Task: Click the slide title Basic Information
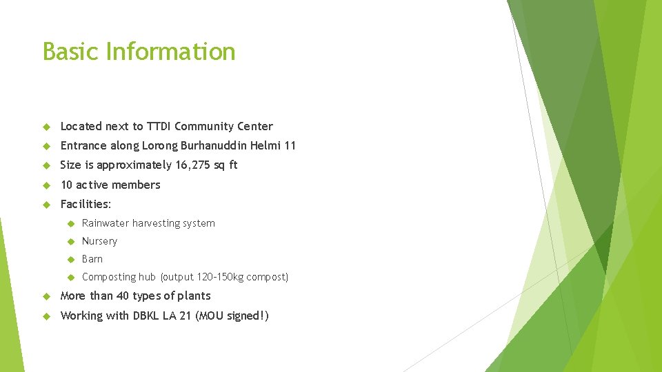click(139, 52)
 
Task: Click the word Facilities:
click(86, 204)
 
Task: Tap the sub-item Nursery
click(99, 241)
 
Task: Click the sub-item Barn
click(92, 259)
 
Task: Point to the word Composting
click(109, 277)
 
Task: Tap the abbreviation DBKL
click(146, 316)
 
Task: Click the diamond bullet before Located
click(46, 127)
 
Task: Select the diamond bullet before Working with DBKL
click(46, 316)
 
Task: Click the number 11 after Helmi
click(289, 145)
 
